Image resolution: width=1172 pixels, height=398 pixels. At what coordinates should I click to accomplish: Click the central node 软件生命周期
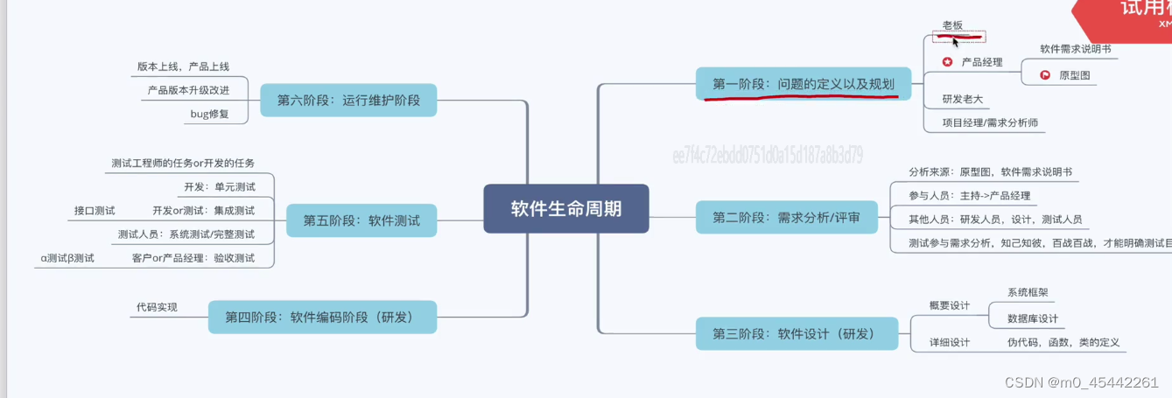click(566, 208)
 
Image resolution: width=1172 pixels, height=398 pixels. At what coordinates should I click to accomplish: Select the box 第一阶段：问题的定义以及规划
click(803, 84)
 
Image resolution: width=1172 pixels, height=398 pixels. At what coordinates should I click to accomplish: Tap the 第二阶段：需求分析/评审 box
click(786, 217)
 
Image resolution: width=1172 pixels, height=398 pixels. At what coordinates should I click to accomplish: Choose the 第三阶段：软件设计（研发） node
click(797, 333)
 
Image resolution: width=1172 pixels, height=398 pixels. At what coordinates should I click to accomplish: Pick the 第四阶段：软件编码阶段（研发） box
click(322, 317)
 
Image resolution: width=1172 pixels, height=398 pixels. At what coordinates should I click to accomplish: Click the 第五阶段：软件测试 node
click(361, 220)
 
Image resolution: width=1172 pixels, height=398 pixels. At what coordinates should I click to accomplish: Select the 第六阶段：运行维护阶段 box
click(348, 100)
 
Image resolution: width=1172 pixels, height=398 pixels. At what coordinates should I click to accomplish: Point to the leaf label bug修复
click(209, 114)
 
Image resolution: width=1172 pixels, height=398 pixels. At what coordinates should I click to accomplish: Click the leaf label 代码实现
click(157, 307)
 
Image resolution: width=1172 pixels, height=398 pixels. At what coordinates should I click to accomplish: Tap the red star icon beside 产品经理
click(947, 62)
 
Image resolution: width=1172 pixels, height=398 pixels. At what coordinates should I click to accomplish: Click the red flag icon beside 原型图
click(1045, 75)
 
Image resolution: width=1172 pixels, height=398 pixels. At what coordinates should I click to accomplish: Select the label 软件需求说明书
click(1075, 49)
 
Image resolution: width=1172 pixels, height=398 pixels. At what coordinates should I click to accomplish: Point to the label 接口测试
click(95, 211)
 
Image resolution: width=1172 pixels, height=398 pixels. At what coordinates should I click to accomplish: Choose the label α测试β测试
click(67, 258)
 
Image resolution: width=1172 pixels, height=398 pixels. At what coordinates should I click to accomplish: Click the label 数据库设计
click(1033, 318)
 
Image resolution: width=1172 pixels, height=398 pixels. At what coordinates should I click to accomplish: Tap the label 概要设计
click(949, 305)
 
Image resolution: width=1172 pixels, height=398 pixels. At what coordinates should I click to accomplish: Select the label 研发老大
click(962, 99)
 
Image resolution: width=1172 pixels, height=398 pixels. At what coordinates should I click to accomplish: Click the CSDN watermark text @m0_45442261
click(1083, 382)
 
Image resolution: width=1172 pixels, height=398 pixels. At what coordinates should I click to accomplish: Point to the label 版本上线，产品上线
click(183, 66)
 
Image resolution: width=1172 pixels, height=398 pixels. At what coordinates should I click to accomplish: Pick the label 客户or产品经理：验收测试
click(193, 258)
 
